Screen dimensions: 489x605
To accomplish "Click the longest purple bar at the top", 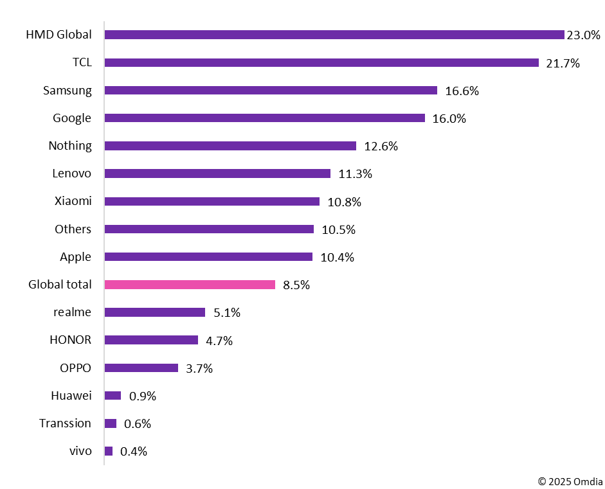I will pos(334,35).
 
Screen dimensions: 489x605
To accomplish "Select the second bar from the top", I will pos(321,63).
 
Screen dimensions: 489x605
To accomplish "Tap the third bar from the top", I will pos(271,91).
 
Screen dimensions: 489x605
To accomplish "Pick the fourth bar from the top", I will pos(264,118).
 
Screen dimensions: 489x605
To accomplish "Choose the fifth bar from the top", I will pos(230,146).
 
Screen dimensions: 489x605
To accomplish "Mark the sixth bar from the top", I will pos(217,173).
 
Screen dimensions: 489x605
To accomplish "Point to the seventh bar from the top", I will pos(212,202).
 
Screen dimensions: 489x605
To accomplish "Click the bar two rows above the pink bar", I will pos(209,229).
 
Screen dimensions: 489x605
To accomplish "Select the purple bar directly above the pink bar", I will pos(208,257).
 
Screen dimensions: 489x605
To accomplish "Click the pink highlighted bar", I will pos(190,285).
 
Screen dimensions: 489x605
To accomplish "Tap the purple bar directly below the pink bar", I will pos(154,312).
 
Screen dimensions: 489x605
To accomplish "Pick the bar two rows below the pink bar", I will pos(151,340).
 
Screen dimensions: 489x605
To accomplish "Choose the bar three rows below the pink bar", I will pos(141,368).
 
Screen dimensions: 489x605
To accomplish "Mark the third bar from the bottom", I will pos(113,396).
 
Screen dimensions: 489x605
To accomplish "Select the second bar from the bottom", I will pos(111,423).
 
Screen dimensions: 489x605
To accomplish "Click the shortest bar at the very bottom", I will pos(109,451).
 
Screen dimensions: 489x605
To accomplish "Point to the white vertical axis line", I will pos(104,244).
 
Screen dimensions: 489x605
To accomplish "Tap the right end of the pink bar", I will pos(273,285).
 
